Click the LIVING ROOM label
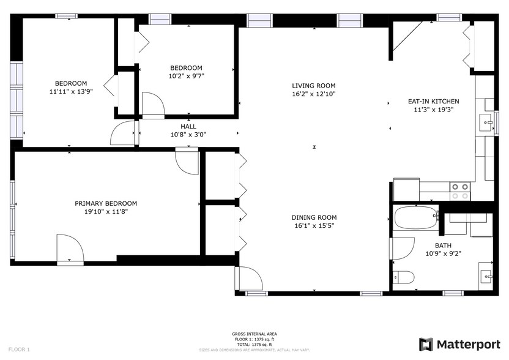pos(313,86)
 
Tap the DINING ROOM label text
pos(313,217)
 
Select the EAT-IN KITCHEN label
pos(433,102)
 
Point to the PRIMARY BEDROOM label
pos(106,203)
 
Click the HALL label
pos(188,126)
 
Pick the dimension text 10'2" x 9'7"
pos(187,77)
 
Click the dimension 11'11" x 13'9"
pos(71,92)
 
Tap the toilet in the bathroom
pos(402,277)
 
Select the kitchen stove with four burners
pos(460,191)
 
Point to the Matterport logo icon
pos(426,344)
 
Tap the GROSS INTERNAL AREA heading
pos(254,334)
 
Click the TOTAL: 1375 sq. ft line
pos(254,344)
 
